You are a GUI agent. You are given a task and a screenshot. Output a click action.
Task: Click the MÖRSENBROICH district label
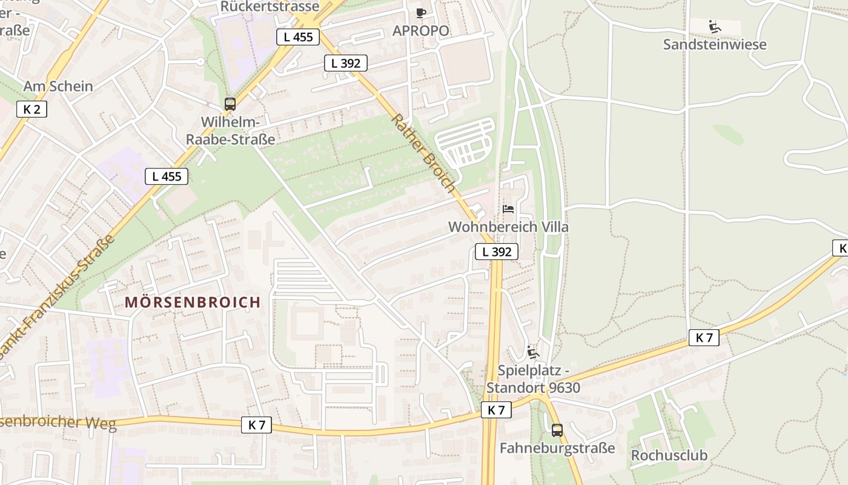(193, 302)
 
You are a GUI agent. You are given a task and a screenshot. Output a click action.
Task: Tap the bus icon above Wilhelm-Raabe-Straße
(230, 104)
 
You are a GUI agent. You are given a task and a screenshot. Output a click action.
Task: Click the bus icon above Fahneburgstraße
(557, 430)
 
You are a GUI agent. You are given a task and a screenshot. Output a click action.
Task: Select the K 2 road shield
(31, 109)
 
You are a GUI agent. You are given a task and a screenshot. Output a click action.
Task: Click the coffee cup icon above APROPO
(421, 13)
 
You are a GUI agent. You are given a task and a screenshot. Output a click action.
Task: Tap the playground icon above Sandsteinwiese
(715, 26)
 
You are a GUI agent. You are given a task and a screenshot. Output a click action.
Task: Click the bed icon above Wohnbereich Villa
(508, 209)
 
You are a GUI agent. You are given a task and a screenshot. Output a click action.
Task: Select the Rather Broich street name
(423, 153)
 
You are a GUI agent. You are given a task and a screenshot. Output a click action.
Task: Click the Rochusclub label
(669, 455)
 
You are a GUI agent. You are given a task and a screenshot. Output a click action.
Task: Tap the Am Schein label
(58, 86)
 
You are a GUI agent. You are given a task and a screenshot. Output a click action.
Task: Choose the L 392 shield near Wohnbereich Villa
(497, 252)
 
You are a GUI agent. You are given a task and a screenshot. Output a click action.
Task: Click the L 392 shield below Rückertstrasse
(345, 63)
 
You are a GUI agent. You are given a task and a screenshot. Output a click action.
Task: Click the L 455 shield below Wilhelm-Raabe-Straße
(167, 176)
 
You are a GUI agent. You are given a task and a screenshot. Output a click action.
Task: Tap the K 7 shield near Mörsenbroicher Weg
(256, 425)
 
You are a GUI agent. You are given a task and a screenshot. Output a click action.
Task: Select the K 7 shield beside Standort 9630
(496, 410)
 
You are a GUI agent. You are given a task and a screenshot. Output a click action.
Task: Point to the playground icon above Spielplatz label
(532, 352)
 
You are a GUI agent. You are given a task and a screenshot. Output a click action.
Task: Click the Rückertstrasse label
(270, 7)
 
